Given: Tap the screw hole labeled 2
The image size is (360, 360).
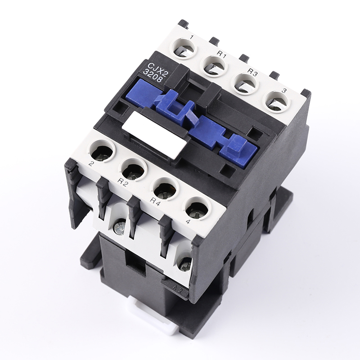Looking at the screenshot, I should coord(103,152).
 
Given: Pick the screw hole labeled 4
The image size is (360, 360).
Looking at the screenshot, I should coord(197,208).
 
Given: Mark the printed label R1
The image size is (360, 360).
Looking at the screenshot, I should coord(220,53).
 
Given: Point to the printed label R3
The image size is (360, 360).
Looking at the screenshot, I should coord(253,71).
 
